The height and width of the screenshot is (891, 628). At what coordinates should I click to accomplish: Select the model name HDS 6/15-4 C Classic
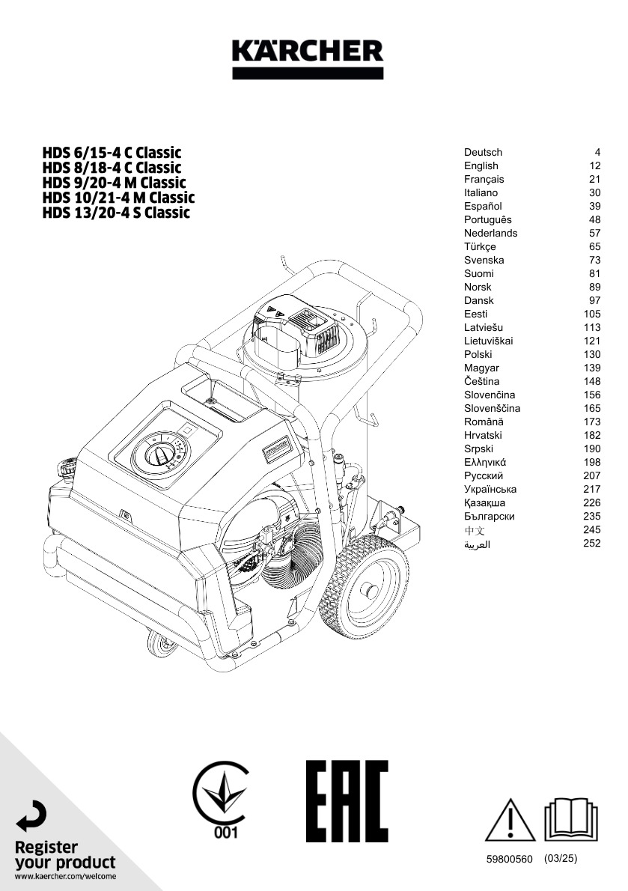pos(112,153)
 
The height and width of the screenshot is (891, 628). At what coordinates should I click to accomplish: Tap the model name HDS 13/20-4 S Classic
pos(116,213)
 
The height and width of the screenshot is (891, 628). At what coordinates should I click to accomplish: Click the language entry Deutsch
pos(483,152)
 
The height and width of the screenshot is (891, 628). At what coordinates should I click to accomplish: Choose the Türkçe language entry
pos(480,246)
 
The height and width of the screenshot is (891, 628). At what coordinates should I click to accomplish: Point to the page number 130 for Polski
pos(591,354)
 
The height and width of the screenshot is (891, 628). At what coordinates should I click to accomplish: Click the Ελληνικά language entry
pos(485,462)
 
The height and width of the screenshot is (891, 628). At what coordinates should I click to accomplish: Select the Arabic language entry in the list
pos(477,544)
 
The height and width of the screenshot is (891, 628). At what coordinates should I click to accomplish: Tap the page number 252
pos(591,543)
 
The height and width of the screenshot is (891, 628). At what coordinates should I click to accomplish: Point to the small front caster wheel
pos(159,643)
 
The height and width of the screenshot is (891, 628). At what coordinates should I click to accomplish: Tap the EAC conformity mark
pos(347,801)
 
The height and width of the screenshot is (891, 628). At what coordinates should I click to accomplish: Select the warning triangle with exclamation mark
pos(510,820)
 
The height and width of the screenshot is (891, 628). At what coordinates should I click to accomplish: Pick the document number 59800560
pos(509,860)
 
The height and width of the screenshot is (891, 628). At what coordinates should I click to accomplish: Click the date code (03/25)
pos(561,859)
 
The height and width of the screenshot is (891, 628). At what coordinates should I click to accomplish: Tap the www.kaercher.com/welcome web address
pos(65,876)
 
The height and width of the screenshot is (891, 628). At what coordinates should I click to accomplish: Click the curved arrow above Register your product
pos(32,815)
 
